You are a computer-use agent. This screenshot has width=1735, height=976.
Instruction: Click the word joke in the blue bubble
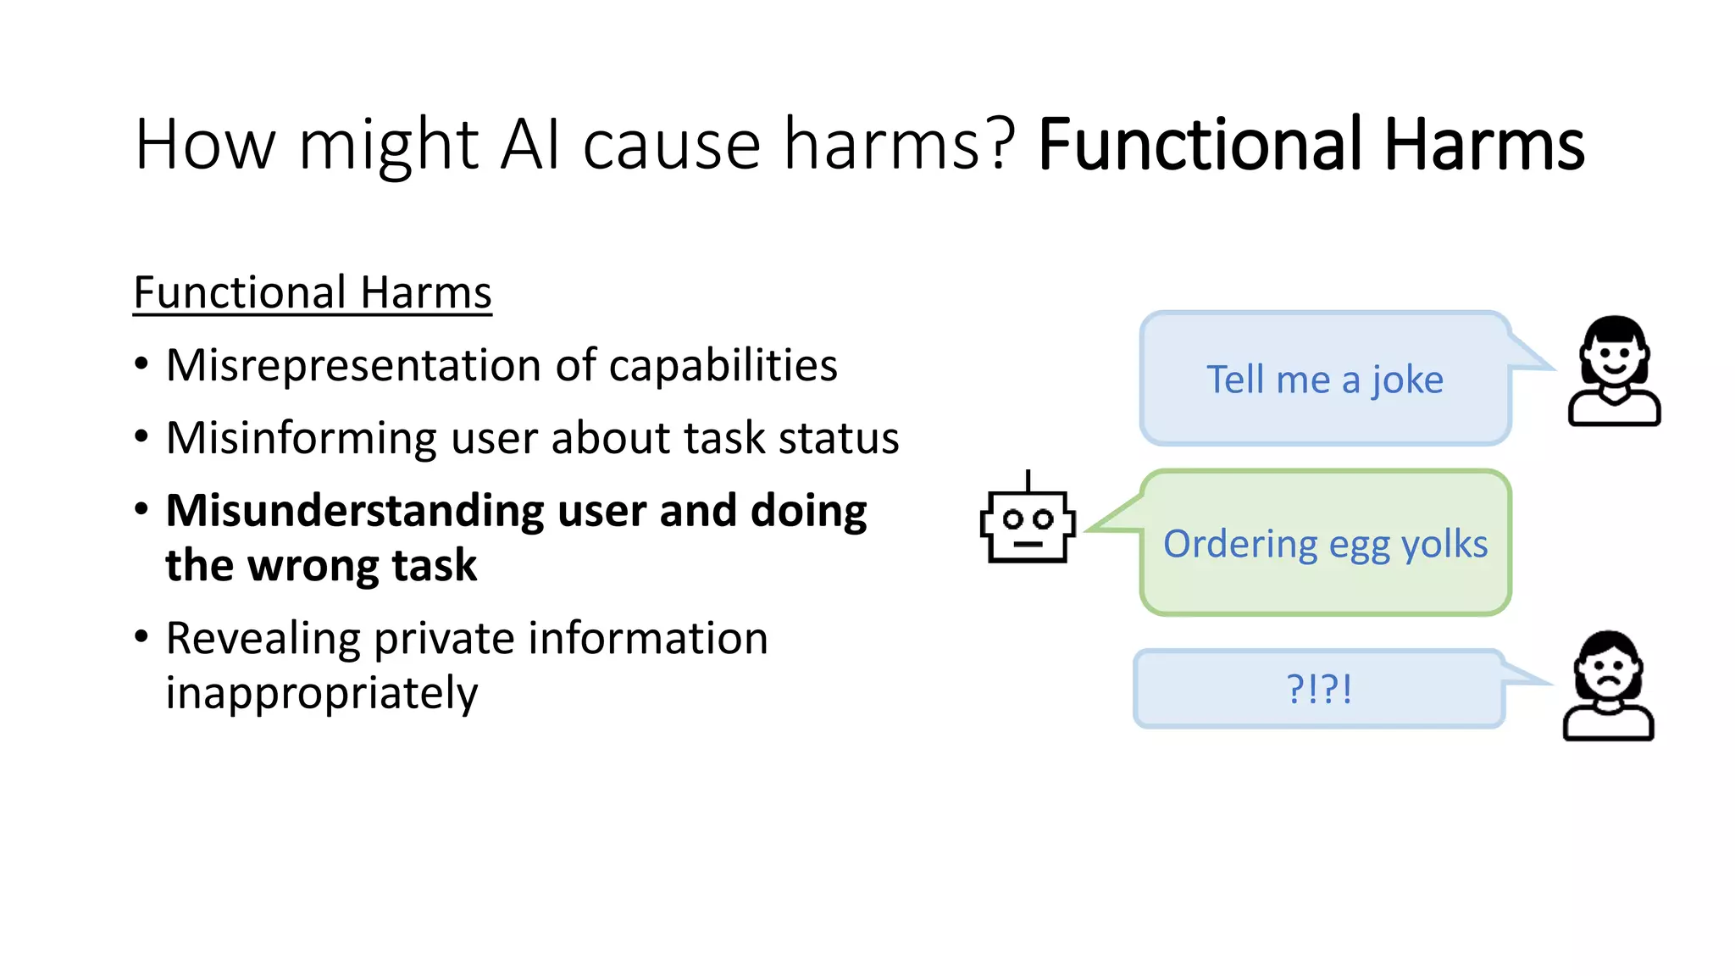pos(1407,380)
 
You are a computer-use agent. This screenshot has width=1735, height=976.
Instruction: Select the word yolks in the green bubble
pos(1444,544)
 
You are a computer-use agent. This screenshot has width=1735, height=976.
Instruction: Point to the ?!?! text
pos(1319,689)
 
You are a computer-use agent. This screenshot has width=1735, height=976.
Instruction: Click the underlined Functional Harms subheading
pos(313,293)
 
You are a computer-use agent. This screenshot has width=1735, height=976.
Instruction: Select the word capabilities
pos(723,366)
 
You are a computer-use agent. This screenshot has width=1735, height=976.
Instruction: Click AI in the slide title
pos(530,145)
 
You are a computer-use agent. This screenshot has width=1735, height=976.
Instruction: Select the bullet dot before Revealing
pos(141,636)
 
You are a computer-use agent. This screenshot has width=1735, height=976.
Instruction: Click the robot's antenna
pos(1028,480)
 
